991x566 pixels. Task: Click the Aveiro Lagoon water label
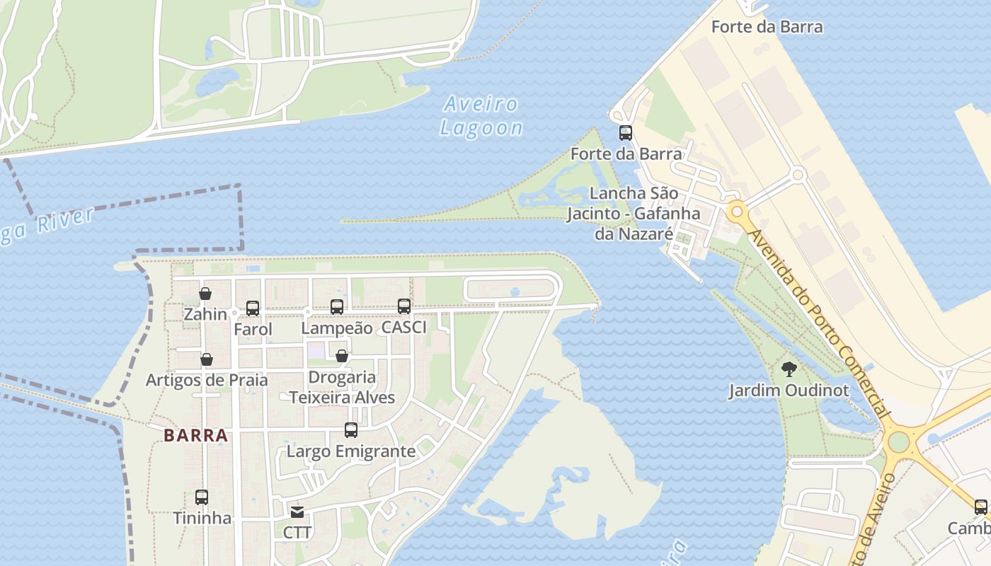(x=481, y=116)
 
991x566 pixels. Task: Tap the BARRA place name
(x=196, y=435)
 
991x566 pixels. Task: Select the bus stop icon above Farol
(x=253, y=308)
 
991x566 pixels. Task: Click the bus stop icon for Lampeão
(x=337, y=307)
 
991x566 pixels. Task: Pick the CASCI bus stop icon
(x=404, y=306)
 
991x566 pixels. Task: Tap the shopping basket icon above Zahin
(x=205, y=294)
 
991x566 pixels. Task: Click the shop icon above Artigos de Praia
(x=207, y=359)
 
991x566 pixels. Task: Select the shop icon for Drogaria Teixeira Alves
(x=341, y=356)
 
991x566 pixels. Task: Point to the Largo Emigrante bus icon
(x=350, y=430)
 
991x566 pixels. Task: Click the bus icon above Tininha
(x=202, y=497)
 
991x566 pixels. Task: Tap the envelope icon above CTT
(x=297, y=512)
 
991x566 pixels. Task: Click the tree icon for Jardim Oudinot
(x=789, y=369)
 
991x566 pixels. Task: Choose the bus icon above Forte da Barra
(x=626, y=132)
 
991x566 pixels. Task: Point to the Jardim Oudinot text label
(x=789, y=390)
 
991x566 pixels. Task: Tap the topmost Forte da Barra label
(x=767, y=27)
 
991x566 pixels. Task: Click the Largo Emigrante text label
(x=351, y=451)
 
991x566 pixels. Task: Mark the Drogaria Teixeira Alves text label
(x=342, y=387)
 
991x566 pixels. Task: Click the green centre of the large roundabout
(x=898, y=441)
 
